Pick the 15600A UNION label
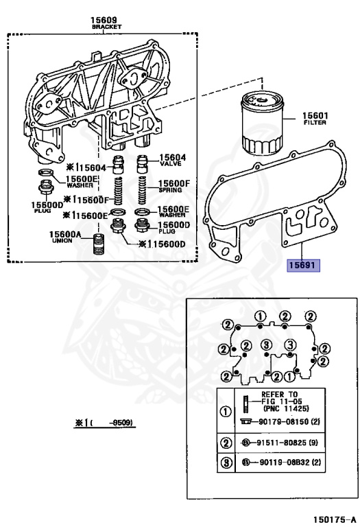tap(65, 237)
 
